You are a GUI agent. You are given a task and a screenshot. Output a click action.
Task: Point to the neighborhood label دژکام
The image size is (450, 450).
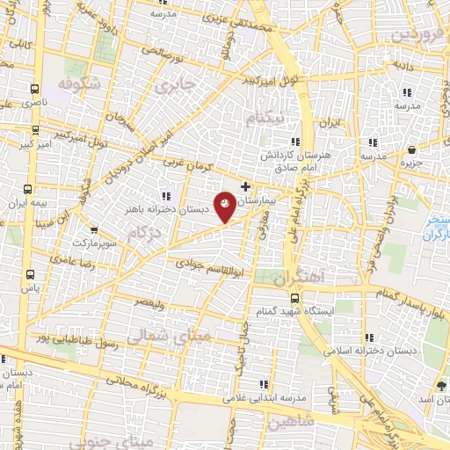[x=143, y=233]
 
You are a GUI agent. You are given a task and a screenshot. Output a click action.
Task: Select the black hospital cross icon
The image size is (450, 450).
[x=245, y=186]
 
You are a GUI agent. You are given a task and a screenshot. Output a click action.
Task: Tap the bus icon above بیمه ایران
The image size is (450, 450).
[x=29, y=189]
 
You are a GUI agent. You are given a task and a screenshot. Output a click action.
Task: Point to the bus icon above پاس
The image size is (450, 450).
[x=31, y=273]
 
